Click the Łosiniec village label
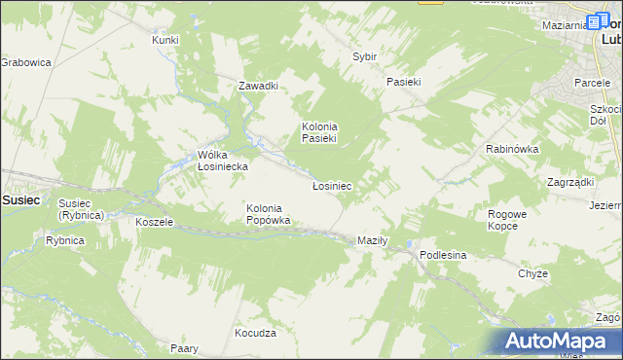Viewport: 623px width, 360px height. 332,185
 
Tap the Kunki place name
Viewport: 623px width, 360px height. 165,40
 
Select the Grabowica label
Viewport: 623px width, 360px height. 24,61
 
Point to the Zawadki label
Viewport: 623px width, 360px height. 259,86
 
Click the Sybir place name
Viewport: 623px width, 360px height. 364,57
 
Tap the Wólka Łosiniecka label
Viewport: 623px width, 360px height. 223,161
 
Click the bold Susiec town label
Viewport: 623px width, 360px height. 20,199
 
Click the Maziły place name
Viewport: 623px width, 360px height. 373,240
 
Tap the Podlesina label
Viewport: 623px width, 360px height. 444,254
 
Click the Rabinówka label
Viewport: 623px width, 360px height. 512,149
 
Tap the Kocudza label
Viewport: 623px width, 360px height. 256,333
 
